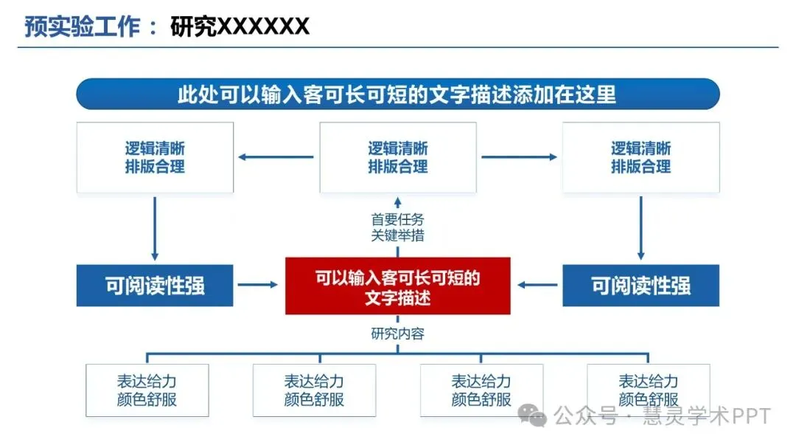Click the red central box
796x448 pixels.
pyautogui.click(x=397, y=286)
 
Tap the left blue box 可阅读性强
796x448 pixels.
pyautogui.click(x=155, y=286)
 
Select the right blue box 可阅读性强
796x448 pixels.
pyautogui.click(x=640, y=286)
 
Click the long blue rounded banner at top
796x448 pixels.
pyautogui.click(x=397, y=94)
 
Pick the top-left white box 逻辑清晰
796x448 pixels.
pyautogui.click(x=155, y=157)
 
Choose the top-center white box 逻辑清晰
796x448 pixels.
pyautogui.click(x=397, y=157)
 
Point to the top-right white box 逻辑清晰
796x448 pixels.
pyautogui.click(x=640, y=157)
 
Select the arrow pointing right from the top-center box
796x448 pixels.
pyautogui.click(x=519, y=156)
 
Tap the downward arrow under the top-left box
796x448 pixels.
pyautogui.click(x=155, y=228)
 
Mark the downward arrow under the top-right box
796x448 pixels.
pyautogui.click(x=640, y=228)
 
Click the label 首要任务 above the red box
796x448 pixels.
pyautogui.click(x=397, y=220)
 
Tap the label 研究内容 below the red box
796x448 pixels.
pyautogui.click(x=397, y=334)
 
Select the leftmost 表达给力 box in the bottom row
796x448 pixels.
pyautogui.click(x=147, y=390)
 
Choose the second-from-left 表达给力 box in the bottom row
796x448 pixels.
pyautogui.click(x=314, y=390)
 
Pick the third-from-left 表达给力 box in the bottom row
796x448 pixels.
pyautogui.click(x=481, y=390)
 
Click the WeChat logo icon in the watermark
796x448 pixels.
pyautogui.click(x=533, y=416)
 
